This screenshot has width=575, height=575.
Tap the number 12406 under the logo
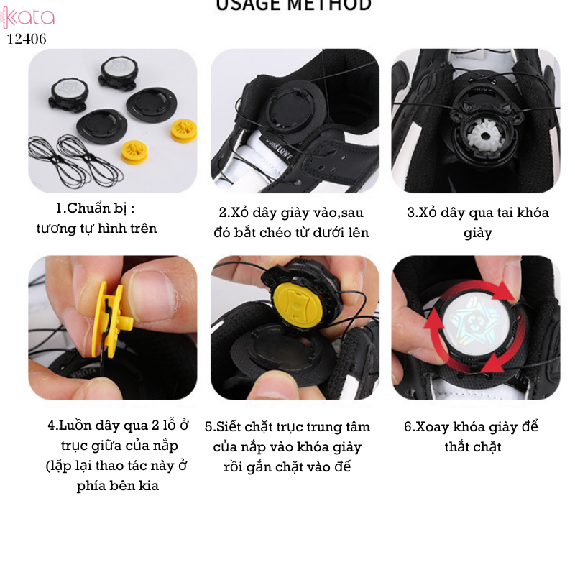(27, 40)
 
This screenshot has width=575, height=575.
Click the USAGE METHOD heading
(293, 6)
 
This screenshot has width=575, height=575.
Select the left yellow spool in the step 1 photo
(135, 151)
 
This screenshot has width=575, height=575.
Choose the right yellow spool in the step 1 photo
(183, 129)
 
